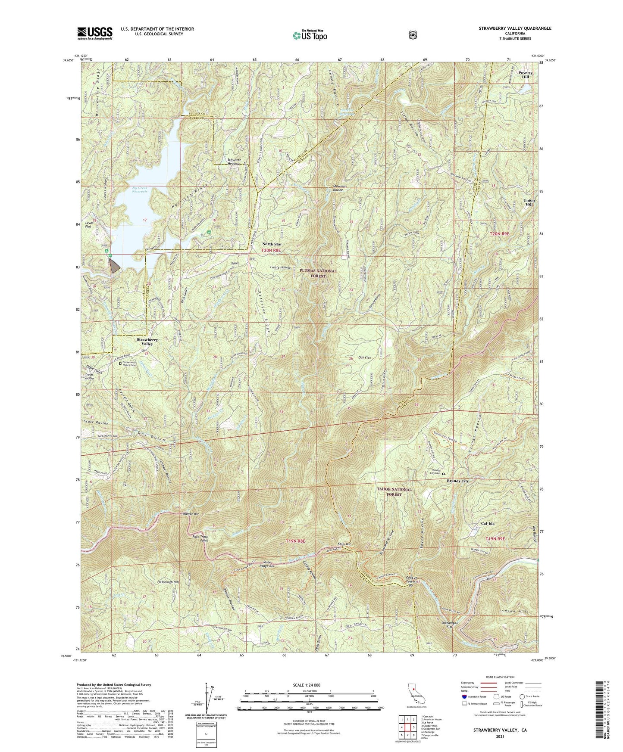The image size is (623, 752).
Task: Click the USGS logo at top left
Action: (x=95, y=33)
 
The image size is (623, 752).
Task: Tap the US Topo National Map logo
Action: (x=310, y=35)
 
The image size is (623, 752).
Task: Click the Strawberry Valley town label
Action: (x=147, y=342)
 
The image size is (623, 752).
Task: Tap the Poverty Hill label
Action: (x=526, y=75)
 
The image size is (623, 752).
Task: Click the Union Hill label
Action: (x=529, y=203)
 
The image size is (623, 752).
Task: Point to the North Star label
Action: (x=272, y=244)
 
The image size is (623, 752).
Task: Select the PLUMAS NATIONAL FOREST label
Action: (x=319, y=273)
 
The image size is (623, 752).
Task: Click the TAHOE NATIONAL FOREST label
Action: (x=394, y=492)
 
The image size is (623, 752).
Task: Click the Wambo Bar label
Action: (x=191, y=514)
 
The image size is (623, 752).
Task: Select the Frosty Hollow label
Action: (x=280, y=267)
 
